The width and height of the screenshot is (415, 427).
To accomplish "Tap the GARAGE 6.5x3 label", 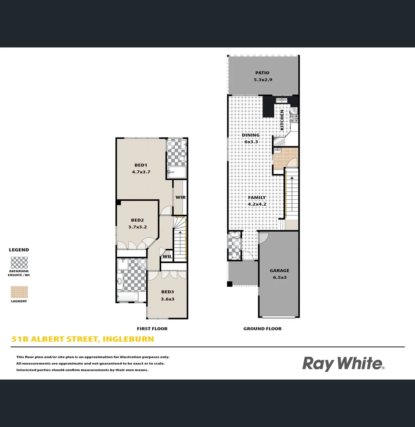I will (x=279, y=274).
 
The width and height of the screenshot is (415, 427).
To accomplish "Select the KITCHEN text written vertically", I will (x=282, y=120).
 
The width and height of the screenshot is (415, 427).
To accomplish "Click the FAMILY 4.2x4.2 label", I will (x=257, y=201).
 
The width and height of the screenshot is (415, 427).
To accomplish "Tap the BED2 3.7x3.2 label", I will (x=137, y=223).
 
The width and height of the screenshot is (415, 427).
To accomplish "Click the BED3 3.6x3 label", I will (x=168, y=295).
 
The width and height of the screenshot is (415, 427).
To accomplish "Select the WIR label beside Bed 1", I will (x=180, y=197).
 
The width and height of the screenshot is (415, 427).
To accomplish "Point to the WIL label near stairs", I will (x=167, y=256).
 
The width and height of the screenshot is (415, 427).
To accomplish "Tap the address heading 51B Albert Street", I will (x=83, y=339).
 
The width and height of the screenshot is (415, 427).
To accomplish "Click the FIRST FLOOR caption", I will (x=152, y=329).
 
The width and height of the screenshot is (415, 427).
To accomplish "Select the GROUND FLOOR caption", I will (x=262, y=329).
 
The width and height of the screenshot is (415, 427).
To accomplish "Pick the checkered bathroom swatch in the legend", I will (x=19, y=263).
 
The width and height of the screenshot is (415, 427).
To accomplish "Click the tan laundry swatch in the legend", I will (x=19, y=292).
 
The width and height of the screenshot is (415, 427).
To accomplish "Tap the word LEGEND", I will (x=19, y=250).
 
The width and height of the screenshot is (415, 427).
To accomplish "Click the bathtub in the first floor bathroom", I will (x=127, y=297).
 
